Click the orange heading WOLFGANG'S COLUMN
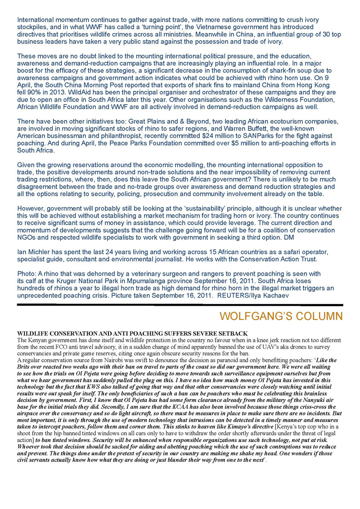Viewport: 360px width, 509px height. coord(281,316)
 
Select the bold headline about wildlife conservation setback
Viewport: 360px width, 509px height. coord(132,333)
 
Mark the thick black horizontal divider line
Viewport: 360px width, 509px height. coord(180,305)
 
